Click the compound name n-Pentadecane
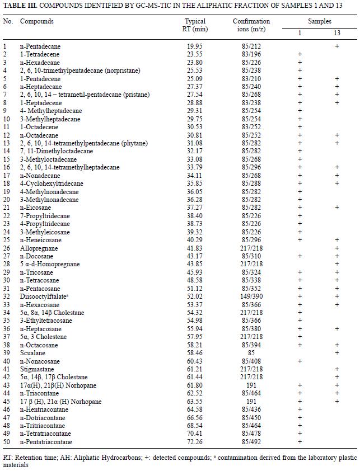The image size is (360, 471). pyautogui.click(x=40, y=46)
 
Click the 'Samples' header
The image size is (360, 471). pyautogui.click(x=320, y=21)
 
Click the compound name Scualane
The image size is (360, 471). pyautogui.click(x=32, y=353)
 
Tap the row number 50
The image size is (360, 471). pyautogui.click(x=7, y=441)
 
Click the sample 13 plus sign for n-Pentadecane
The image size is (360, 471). pyautogui.click(x=337, y=46)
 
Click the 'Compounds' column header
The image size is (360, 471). pyautogui.click(x=37, y=21)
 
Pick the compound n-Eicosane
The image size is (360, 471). pyautogui.click(x=35, y=208)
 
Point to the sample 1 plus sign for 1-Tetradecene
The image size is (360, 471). pyautogui.click(x=300, y=54)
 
